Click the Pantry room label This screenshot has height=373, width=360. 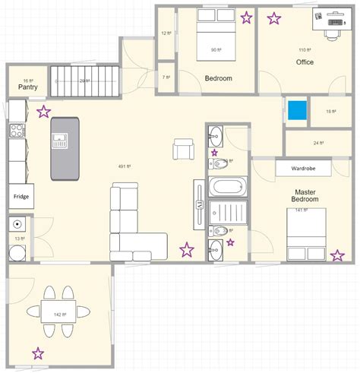[28, 87]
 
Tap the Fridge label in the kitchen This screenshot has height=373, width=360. [21, 196]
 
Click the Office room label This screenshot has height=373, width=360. [305, 62]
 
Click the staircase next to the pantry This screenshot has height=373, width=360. [85, 81]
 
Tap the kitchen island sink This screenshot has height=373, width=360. [60, 139]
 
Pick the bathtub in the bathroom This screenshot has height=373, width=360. [227, 187]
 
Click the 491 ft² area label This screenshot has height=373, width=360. [125, 166]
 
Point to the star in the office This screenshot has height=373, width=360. [274, 17]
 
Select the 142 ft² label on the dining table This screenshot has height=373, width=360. [58, 314]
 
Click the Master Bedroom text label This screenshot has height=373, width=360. [305, 195]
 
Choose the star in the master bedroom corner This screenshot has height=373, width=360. [336, 254]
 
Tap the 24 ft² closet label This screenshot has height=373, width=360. [319, 142]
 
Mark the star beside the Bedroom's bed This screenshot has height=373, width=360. [246, 17]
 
